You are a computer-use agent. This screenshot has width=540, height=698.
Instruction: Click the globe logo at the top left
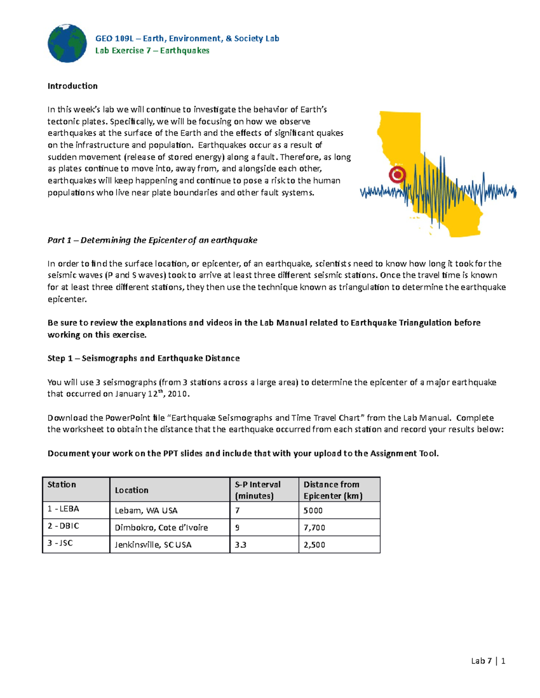67,44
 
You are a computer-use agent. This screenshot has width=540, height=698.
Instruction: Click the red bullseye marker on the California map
397,174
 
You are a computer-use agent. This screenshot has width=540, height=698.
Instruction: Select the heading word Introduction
72,86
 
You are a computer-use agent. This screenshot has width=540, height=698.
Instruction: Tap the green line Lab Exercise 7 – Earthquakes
152,50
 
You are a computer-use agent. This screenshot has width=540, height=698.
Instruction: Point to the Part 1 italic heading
152,240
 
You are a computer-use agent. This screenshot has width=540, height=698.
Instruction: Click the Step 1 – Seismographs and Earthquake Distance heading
143,358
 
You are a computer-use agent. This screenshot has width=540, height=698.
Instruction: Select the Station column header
62,485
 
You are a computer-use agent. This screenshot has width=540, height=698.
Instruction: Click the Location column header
131,490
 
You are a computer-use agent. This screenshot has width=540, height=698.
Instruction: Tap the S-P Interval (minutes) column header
257,490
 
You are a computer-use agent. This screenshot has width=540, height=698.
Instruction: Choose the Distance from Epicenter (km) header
333,490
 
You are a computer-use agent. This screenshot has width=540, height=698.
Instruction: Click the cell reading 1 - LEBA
63,509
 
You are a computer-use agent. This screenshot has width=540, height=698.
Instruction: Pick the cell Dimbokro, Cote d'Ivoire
161,528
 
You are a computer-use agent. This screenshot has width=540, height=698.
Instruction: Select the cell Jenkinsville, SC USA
153,545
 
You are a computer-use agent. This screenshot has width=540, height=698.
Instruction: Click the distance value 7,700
314,528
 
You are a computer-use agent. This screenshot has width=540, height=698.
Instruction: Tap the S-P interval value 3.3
240,545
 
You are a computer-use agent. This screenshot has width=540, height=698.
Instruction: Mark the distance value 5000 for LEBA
313,511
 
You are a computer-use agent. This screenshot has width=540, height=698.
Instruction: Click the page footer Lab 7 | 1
488,661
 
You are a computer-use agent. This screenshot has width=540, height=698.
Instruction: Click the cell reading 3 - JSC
60,543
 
